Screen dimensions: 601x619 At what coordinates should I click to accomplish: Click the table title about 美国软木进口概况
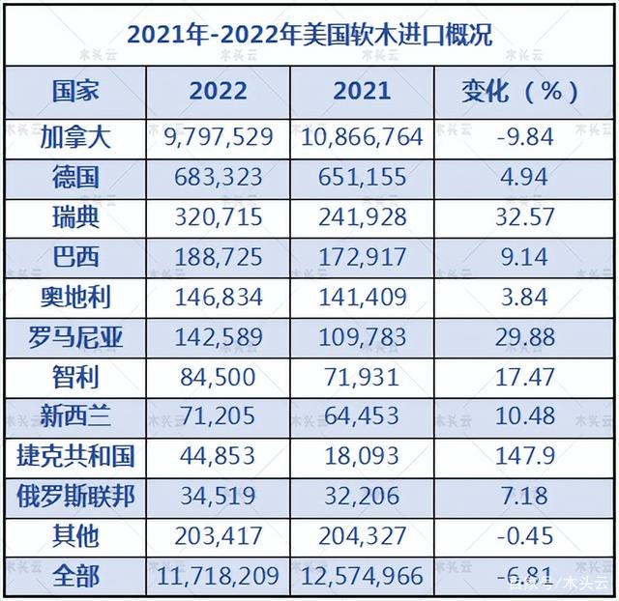click(309, 36)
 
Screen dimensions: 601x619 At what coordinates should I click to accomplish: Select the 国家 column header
click(74, 91)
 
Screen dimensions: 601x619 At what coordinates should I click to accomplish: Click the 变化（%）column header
click(520, 91)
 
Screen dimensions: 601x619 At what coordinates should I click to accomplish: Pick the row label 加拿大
click(75, 136)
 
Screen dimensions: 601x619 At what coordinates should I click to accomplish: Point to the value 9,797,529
click(219, 136)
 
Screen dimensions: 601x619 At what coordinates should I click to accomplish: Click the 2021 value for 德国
click(363, 176)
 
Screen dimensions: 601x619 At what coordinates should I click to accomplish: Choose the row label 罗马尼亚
click(75, 336)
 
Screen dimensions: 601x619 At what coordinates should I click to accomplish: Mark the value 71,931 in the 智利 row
click(363, 376)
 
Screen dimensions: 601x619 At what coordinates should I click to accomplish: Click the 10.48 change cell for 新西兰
click(520, 415)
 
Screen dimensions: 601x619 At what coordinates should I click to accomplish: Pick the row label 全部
click(75, 576)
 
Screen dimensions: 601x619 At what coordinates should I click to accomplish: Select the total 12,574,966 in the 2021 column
click(363, 576)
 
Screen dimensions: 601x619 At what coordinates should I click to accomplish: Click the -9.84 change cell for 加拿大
click(520, 136)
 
